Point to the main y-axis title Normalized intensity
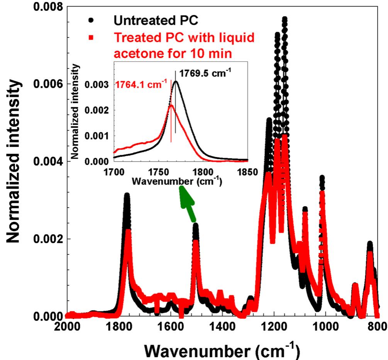click(x=15, y=162)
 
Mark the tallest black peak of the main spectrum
click(x=285, y=19)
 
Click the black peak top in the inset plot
click(x=176, y=81)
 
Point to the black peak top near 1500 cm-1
click(x=196, y=225)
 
